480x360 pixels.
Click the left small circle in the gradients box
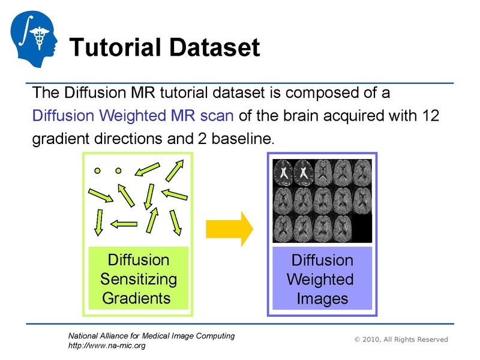(97, 170)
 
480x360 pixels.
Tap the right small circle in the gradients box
(118, 170)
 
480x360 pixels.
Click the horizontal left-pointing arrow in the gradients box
(124, 224)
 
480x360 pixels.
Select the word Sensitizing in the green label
(139, 279)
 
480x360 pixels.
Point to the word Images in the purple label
(322, 298)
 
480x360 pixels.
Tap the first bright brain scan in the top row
(283, 172)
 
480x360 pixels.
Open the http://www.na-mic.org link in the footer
(106, 346)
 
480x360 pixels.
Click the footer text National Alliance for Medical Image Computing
(151, 336)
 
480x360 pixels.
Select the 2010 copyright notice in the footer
(401, 340)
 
